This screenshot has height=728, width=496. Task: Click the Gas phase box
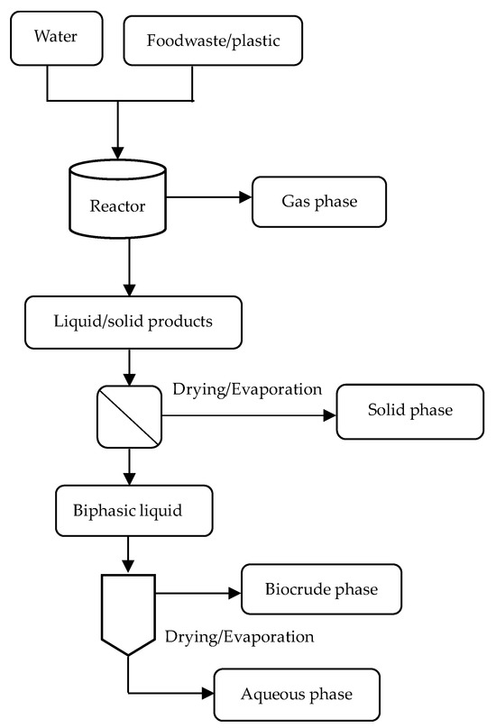(x=319, y=201)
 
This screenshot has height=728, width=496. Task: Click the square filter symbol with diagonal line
(x=132, y=416)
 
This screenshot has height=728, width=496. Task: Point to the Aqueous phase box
(x=294, y=694)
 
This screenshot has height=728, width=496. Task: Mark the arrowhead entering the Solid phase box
(x=329, y=416)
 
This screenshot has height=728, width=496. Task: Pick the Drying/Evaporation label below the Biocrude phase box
(x=239, y=637)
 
